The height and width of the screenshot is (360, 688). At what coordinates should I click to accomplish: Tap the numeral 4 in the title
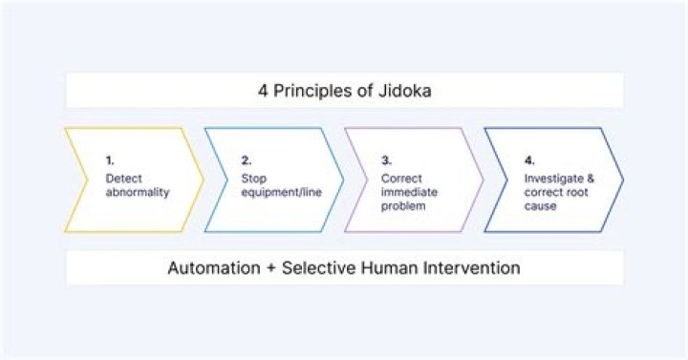click(x=263, y=91)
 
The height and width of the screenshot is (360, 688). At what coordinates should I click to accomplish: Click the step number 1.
click(x=110, y=160)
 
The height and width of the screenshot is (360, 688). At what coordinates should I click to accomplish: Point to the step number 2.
click(x=247, y=160)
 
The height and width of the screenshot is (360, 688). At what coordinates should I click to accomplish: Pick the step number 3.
click(x=386, y=160)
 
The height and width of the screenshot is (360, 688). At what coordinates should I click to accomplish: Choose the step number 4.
click(x=529, y=160)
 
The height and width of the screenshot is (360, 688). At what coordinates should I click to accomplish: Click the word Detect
click(x=123, y=179)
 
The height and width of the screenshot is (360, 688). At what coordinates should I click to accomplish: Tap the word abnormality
click(x=138, y=193)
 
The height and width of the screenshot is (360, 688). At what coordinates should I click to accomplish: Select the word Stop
click(x=253, y=179)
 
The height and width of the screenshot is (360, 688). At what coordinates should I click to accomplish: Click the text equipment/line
click(x=281, y=193)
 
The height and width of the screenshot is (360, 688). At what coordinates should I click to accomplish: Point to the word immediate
click(x=409, y=192)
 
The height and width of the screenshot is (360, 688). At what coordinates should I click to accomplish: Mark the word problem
click(x=403, y=206)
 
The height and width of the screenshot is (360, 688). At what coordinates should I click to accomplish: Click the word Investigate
click(x=553, y=179)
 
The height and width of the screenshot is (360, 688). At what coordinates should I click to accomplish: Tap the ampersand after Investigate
click(x=591, y=179)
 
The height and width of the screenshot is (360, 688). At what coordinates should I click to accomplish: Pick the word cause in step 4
click(x=540, y=206)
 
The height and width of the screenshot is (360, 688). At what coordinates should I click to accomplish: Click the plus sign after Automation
click(x=270, y=268)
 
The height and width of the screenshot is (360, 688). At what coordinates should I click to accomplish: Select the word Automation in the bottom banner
click(x=214, y=267)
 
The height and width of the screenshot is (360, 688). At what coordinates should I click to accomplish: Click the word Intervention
click(x=472, y=267)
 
